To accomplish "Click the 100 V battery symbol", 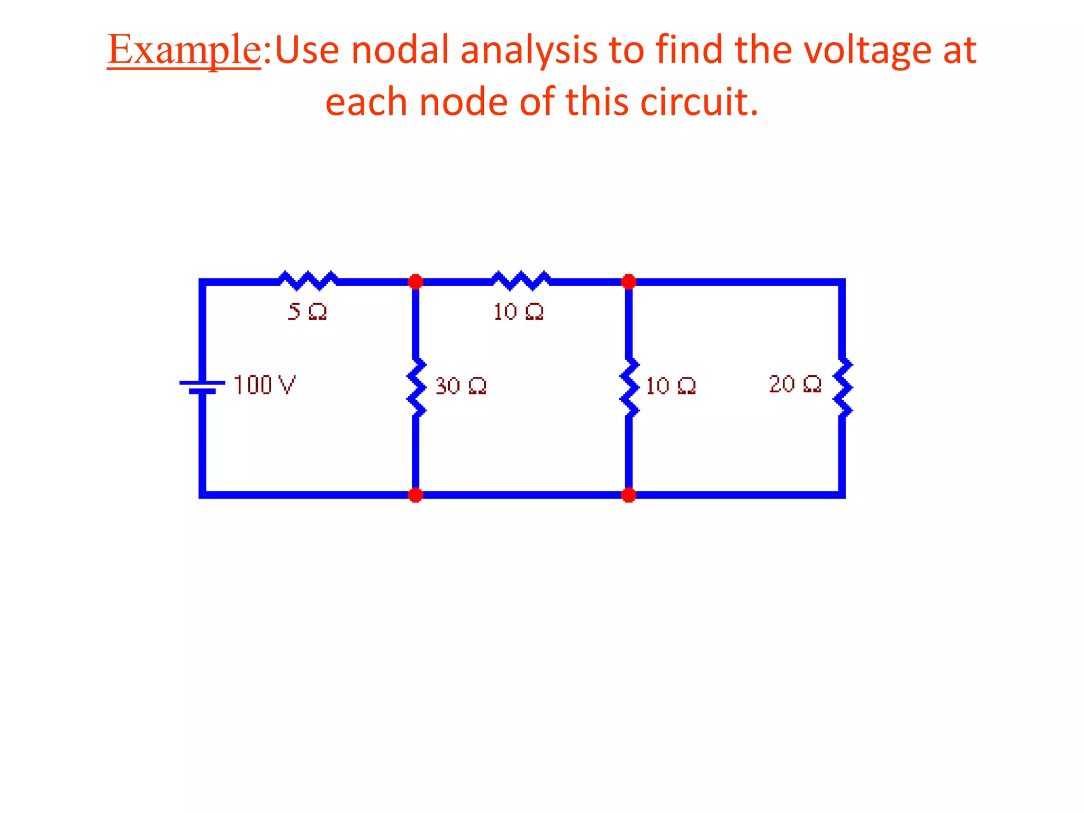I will [202, 387].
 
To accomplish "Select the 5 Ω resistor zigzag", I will [308, 281].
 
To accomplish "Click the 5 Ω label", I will [307, 312].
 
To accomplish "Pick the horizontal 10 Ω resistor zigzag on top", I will [521, 281].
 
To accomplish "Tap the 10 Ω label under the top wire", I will [518, 312].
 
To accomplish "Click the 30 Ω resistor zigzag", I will [417, 387].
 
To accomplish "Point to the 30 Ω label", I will [460, 386].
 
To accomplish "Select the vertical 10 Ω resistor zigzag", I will [629, 387].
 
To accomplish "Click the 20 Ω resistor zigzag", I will [843, 387].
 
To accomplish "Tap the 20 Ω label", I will [795, 384].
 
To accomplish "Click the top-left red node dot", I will [415, 282].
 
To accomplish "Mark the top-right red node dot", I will [629, 282].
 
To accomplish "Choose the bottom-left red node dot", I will [415, 495].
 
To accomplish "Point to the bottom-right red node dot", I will [629, 495].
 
